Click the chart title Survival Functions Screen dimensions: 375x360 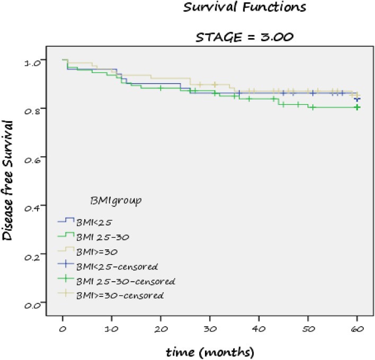[244, 7]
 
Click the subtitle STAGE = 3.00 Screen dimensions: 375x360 [244, 37]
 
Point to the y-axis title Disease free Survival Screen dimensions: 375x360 [7, 181]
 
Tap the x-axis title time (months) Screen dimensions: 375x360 [210, 352]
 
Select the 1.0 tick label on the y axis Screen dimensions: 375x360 [32, 63]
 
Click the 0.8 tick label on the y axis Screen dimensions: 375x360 [32, 112]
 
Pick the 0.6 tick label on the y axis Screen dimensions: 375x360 [32, 160]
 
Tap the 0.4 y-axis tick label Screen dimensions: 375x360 [32, 209]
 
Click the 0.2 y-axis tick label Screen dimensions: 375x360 [32, 257]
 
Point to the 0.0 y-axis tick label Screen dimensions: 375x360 [32, 306]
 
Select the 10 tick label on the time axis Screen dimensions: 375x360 [111, 329]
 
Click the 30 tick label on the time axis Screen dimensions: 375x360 [210, 329]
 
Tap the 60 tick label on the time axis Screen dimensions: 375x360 [358, 329]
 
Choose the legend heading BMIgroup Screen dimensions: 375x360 [116, 201]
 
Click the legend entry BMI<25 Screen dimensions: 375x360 [94, 222]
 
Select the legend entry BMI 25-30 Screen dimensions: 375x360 [103, 237]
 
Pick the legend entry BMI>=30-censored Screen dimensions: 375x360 [120, 296]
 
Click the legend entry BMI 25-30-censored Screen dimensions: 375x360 [126, 281]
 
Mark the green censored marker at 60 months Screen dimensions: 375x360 [357, 107]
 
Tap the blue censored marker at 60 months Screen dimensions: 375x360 [358, 99]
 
